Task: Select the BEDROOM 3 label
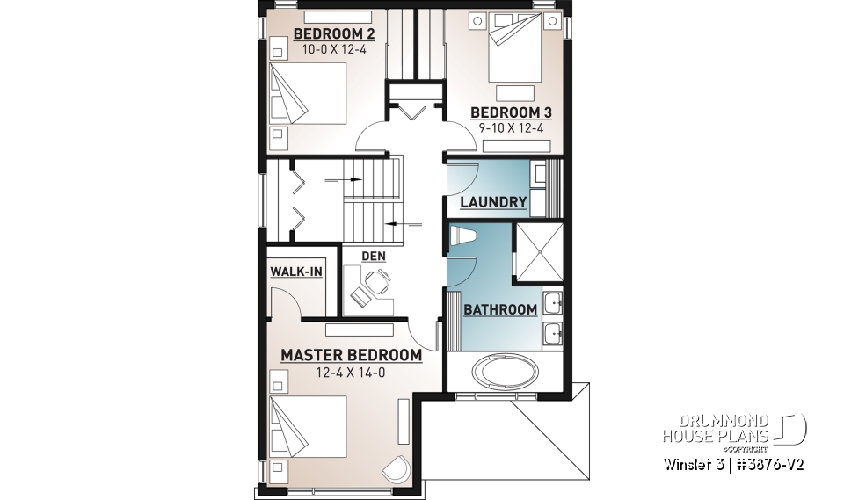(x=511, y=112)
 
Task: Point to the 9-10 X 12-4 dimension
(x=512, y=128)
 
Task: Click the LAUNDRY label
(x=494, y=202)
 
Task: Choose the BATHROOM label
(x=500, y=309)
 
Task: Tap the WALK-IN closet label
(x=296, y=272)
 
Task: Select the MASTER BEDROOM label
(x=351, y=355)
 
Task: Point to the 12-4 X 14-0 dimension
(x=351, y=372)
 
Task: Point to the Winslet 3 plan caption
(x=734, y=462)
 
